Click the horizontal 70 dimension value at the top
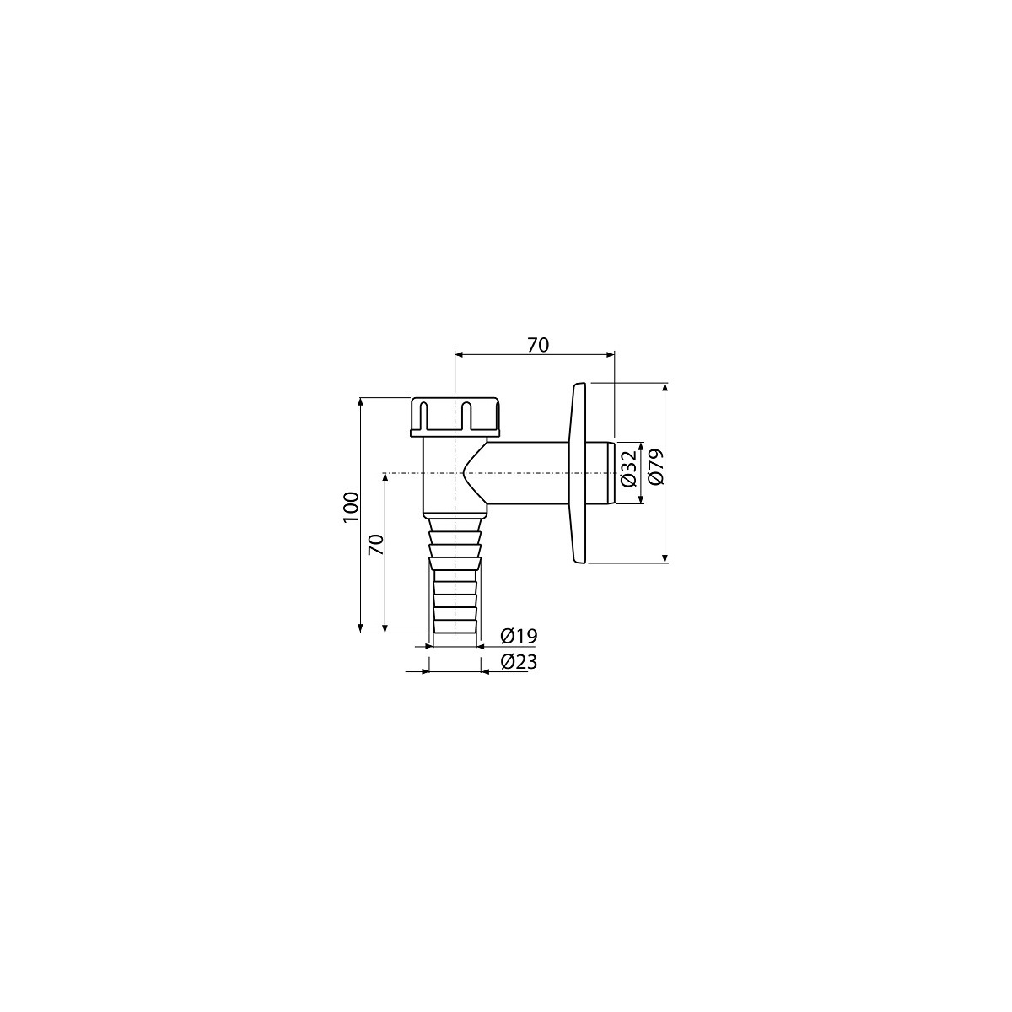pyautogui.click(x=538, y=345)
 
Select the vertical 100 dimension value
pyautogui.click(x=350, y=507)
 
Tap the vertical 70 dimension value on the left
pyautogui.click(x=375, y=545)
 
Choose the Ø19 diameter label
pyautogui.click(x=519, y=636)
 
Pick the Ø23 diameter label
pyautogui.click(x=519, y=662)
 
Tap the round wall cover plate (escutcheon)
pyautogui.click(x=577, y=473)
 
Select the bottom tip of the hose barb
pyautogui.click(x=455, y=632)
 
